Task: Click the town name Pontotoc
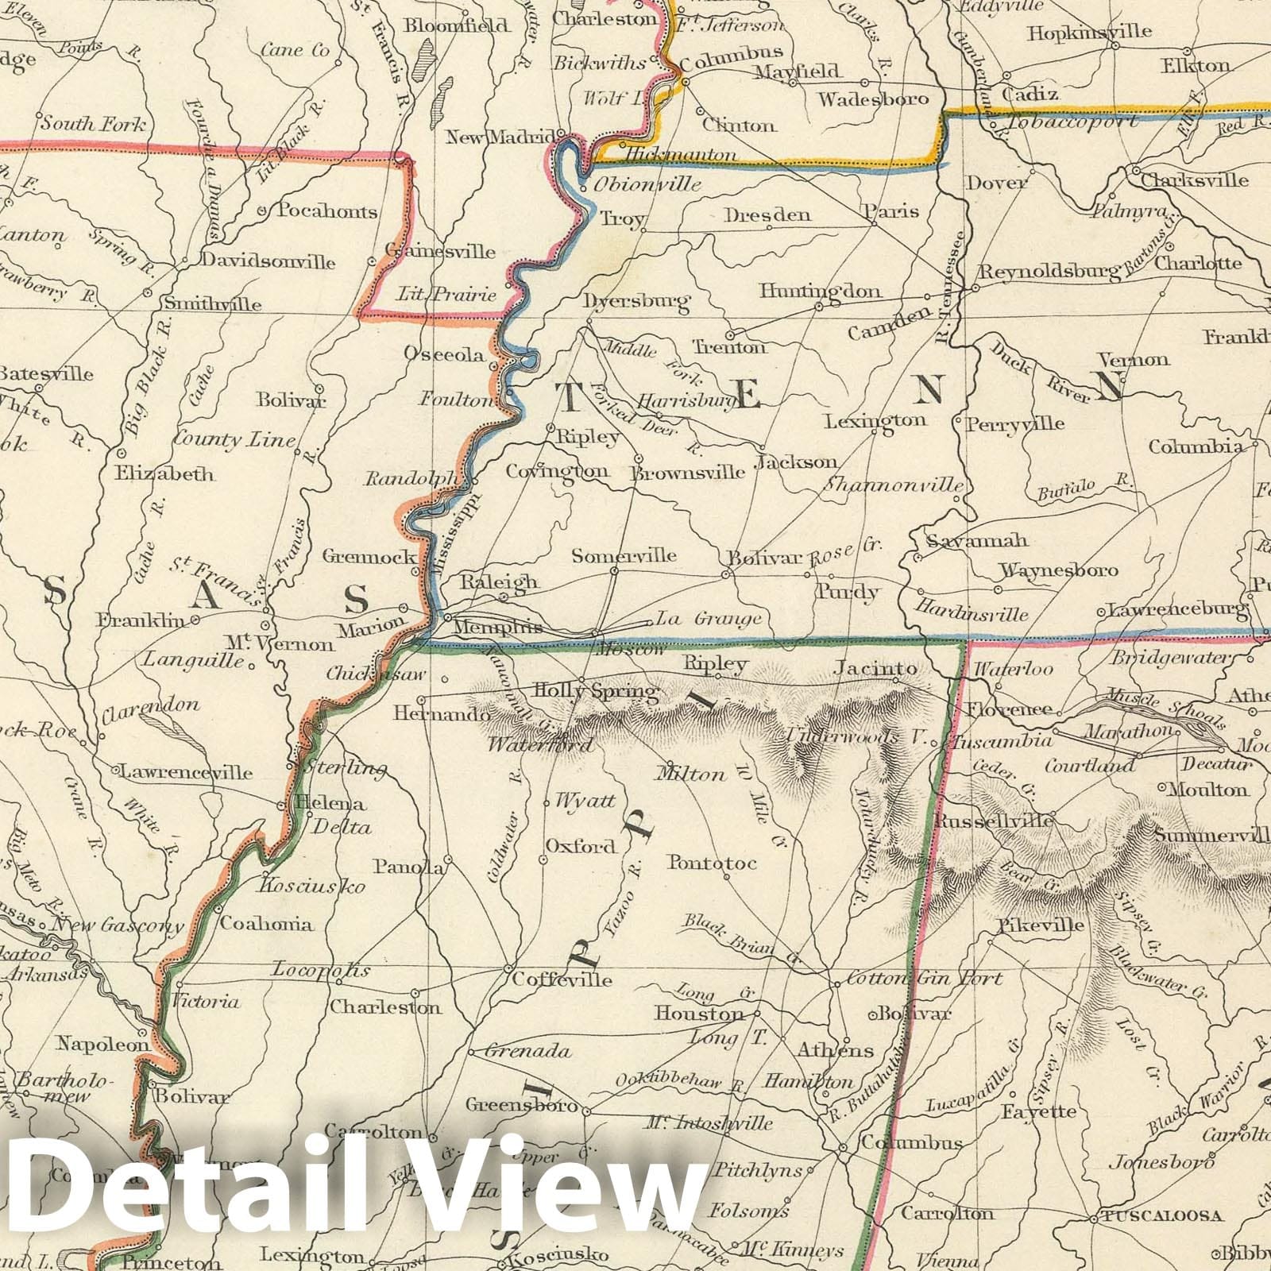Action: click(x=713, y=863)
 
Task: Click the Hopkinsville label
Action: click(x=1088, y=33)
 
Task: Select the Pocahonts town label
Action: click(x=326, y=211)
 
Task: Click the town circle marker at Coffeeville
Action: click(x=508, y=969)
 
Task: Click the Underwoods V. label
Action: click(x=856, y=736)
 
